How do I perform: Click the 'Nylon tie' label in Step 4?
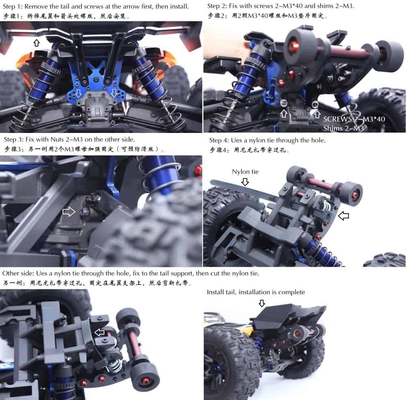tap(245, 172)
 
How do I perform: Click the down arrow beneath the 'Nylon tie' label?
tap(245, 182)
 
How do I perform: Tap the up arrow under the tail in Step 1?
tap(37, 43)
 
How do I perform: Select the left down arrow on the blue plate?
tap(78, 93)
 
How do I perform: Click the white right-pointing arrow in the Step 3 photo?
tap(69, 212)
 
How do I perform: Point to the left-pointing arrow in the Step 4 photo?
tap(343, 215)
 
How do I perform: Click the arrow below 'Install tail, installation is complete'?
tap(262, 303)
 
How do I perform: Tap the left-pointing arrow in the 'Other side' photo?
tap(99, 333)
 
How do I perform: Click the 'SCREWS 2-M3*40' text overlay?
tap(354, 119)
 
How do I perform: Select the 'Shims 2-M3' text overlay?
tap(343, 128)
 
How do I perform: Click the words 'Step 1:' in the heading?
tap(13, 7)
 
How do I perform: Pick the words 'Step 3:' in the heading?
tap(14, 139)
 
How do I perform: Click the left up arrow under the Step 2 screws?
tap(284, 113)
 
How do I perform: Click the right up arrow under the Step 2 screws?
tap(316, 113)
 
